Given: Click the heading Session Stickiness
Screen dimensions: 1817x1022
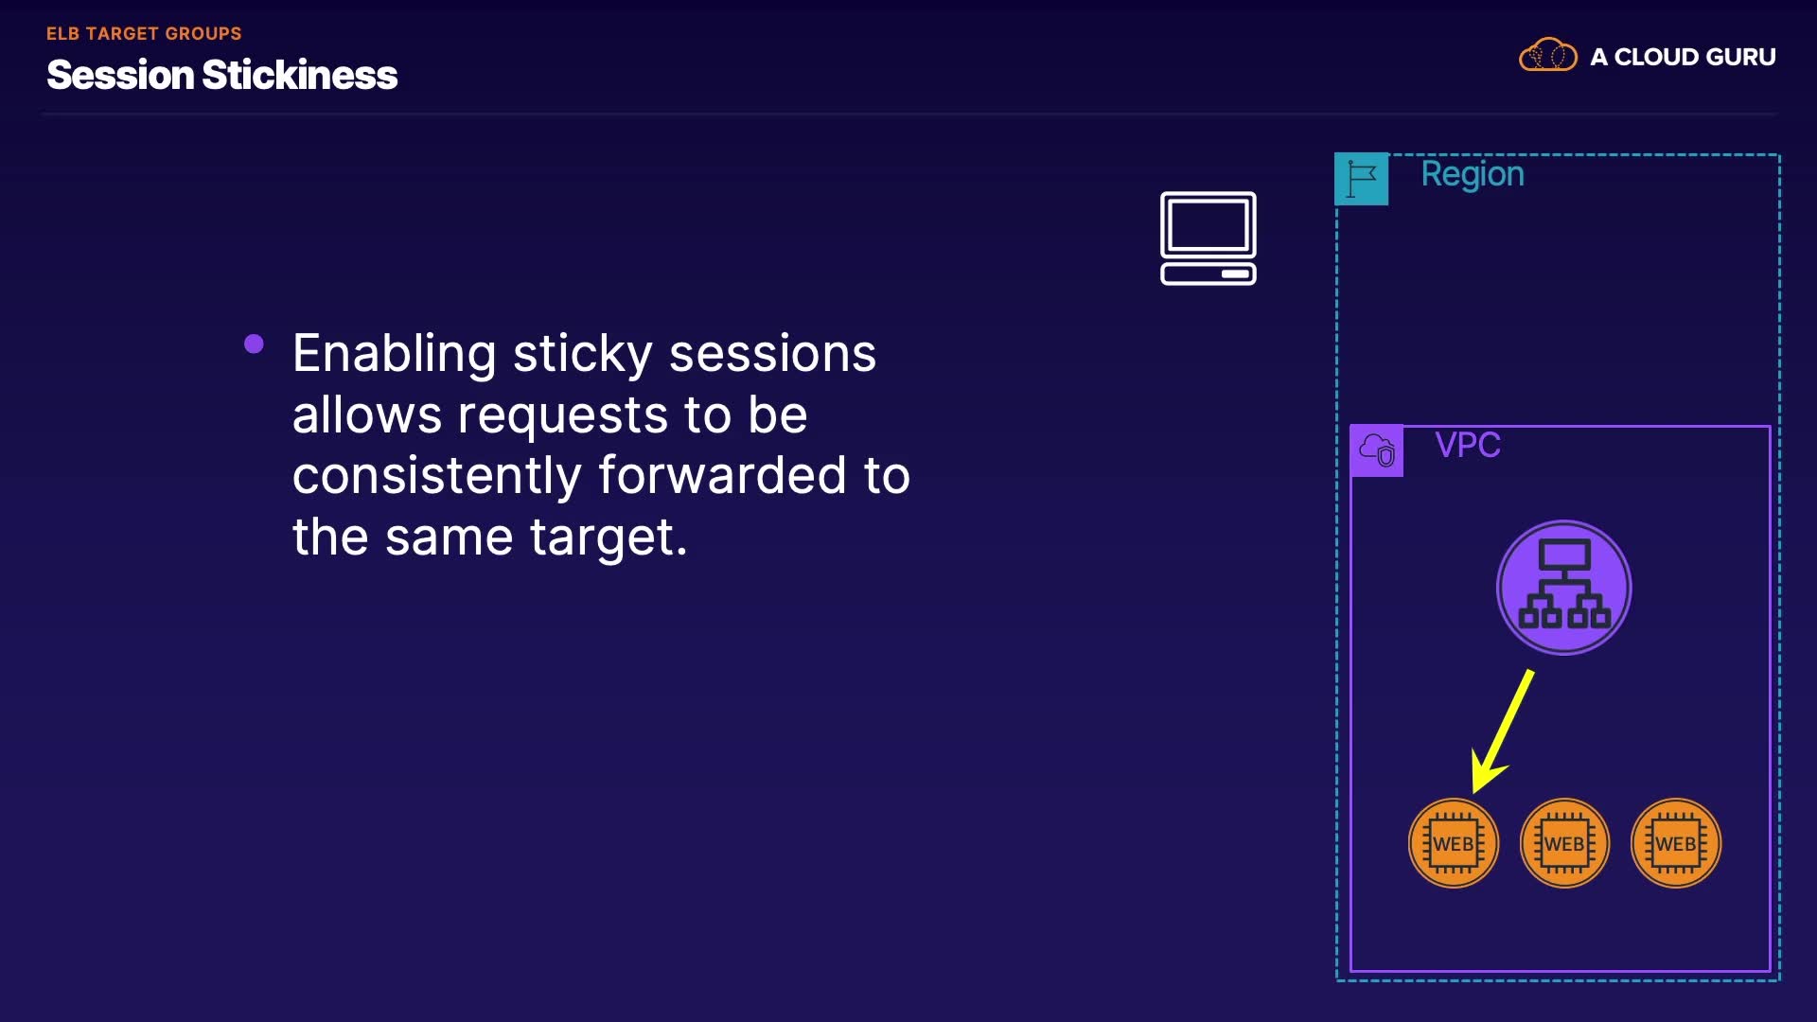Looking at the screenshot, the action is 222,75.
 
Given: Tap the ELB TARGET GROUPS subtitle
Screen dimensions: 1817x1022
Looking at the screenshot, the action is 144,34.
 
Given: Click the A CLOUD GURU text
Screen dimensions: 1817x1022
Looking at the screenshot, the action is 1683,57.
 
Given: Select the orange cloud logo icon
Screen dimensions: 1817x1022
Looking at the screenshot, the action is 1548,55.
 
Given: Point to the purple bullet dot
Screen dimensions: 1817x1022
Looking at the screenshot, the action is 254,344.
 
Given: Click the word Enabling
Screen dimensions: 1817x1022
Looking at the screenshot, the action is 394,355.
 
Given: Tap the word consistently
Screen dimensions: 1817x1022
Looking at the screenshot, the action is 436,475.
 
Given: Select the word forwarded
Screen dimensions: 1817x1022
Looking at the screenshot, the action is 722,475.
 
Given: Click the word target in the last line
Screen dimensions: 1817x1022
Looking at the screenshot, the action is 607,537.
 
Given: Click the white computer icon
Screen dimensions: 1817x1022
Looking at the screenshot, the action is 1208,238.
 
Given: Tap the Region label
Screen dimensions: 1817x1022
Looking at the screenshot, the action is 1473,175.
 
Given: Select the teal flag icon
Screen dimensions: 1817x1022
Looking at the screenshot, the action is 1362,179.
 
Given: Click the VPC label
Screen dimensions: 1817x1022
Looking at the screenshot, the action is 1468,445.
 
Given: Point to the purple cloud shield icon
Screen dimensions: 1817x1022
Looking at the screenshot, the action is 1377,450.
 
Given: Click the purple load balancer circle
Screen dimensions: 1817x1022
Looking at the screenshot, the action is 1563,588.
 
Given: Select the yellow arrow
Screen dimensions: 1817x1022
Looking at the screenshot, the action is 1503,731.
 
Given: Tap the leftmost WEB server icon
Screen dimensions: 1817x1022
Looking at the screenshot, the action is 1454,843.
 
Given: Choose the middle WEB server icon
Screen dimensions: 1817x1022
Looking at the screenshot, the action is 1564,843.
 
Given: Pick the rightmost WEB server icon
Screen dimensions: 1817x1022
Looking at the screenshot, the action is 1676,843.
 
